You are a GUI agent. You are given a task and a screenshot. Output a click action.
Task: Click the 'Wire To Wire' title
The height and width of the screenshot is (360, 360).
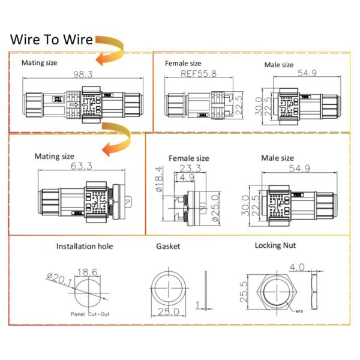click(x=52, y=40)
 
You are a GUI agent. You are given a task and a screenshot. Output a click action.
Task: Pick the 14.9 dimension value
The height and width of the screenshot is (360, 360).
click(x=185, y=178)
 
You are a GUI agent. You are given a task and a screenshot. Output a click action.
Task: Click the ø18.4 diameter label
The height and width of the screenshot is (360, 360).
click(x=159, y=178)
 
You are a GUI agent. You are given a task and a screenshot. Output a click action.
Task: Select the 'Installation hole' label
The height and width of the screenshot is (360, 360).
click(x=84, y=246)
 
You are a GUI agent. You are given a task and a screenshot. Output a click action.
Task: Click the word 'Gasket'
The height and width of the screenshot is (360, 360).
click(x=167, y=246)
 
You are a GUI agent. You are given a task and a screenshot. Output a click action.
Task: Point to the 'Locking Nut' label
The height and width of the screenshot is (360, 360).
click(x=275, y=245)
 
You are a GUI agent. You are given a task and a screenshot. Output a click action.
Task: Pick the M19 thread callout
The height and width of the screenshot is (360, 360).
click(x=299, y=311)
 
